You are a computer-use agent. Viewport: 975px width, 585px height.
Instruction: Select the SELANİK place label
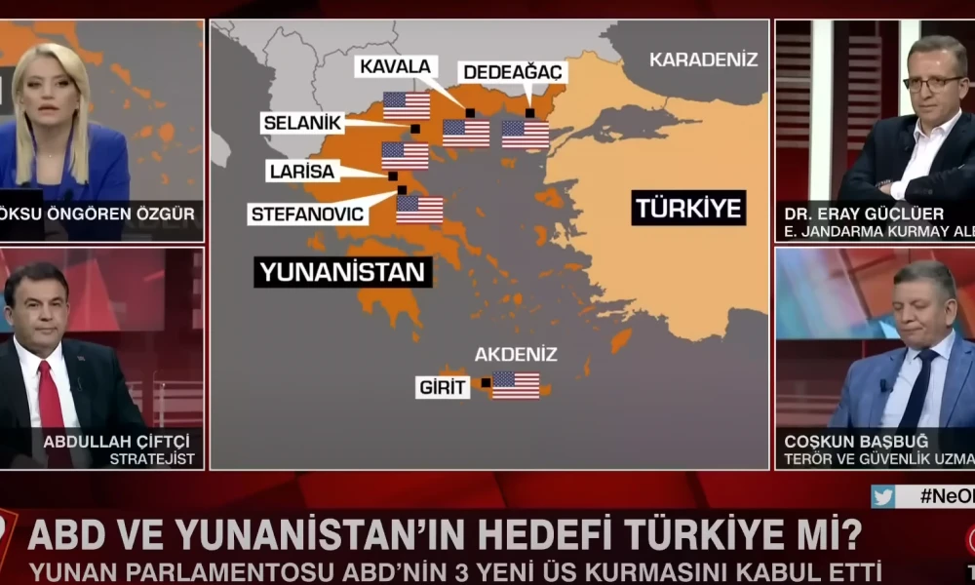302,123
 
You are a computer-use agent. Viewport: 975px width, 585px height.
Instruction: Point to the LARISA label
301,172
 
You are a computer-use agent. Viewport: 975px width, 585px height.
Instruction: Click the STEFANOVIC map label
307,214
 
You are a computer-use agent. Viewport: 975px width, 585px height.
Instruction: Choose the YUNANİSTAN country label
343,270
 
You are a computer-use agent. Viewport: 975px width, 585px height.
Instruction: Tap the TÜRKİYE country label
688,208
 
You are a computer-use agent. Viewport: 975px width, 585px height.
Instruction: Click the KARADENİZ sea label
703,59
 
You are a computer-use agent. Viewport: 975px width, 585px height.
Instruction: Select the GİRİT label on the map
444,387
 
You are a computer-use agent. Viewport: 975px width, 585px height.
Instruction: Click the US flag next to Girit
516,385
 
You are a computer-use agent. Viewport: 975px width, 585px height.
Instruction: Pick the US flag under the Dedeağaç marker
526,134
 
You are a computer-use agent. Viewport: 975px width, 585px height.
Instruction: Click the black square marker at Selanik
415,128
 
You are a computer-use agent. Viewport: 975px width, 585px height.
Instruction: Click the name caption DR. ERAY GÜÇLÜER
847,214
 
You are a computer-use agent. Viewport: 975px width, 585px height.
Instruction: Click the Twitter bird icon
883,497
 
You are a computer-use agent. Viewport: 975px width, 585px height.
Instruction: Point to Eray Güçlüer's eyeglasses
934,84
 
